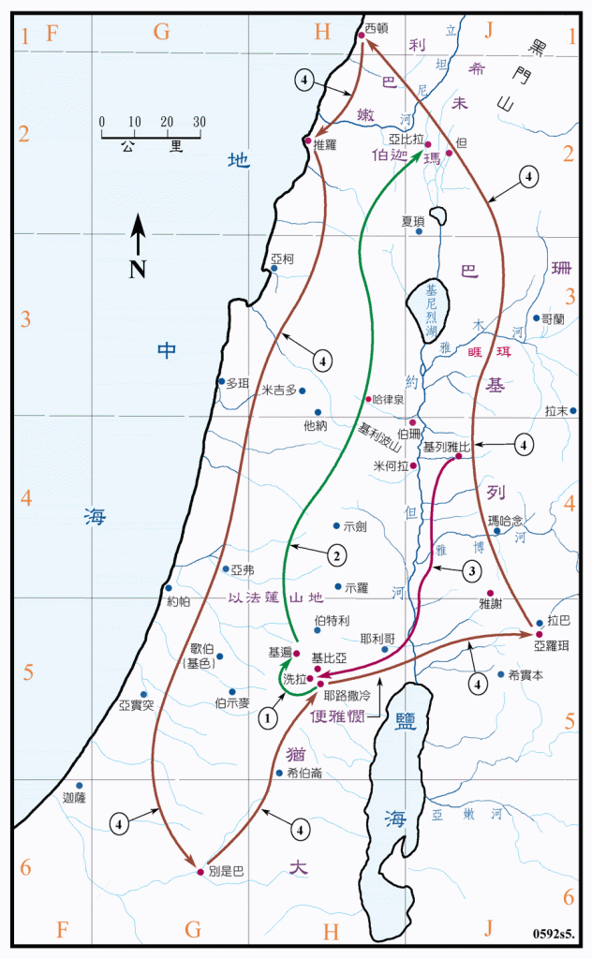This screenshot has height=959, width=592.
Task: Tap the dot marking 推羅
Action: coord(307,140)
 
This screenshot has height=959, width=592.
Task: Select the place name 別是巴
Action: coord(226,871)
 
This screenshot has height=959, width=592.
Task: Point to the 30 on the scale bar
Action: coord(198,122)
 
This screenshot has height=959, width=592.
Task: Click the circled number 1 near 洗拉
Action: coord(270,718)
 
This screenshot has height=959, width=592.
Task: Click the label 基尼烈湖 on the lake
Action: coord(431,310)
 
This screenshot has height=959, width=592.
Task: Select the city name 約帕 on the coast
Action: coord(178,601)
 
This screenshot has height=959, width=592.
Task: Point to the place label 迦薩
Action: coord(73,799)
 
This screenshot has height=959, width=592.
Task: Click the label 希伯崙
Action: coord(305,773)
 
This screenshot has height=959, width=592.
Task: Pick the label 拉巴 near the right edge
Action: coord(559,620)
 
